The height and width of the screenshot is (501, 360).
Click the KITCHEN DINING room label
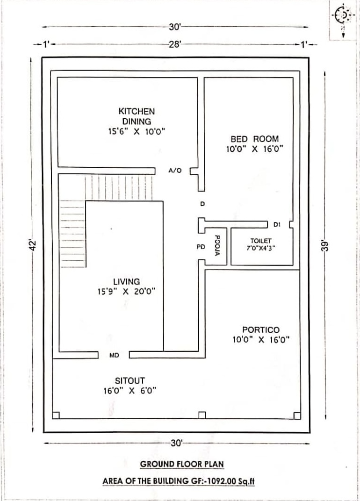[137, 116]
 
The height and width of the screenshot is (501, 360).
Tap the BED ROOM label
[254, 139]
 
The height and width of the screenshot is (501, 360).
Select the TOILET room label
[261, 241]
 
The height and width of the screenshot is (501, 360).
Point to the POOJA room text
[217, 245]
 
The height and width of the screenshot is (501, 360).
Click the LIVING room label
[127, 281]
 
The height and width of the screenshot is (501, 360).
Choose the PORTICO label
[261, 330]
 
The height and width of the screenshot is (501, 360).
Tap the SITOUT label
[130, 380]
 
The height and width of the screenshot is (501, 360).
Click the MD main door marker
[114, 355]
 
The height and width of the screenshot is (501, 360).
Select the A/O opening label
[175, 171]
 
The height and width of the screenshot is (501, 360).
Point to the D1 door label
[277, 225]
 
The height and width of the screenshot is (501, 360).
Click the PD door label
[201, 247]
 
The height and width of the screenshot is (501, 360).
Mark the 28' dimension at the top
[175, 44]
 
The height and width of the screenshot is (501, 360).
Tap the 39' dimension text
[325, 245]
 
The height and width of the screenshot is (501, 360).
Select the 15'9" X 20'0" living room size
[127, 292]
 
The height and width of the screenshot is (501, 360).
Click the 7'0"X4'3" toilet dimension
[261, 248]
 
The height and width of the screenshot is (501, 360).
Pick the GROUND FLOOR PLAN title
[182, 464]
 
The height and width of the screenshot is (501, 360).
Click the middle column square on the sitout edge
[202, 415]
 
